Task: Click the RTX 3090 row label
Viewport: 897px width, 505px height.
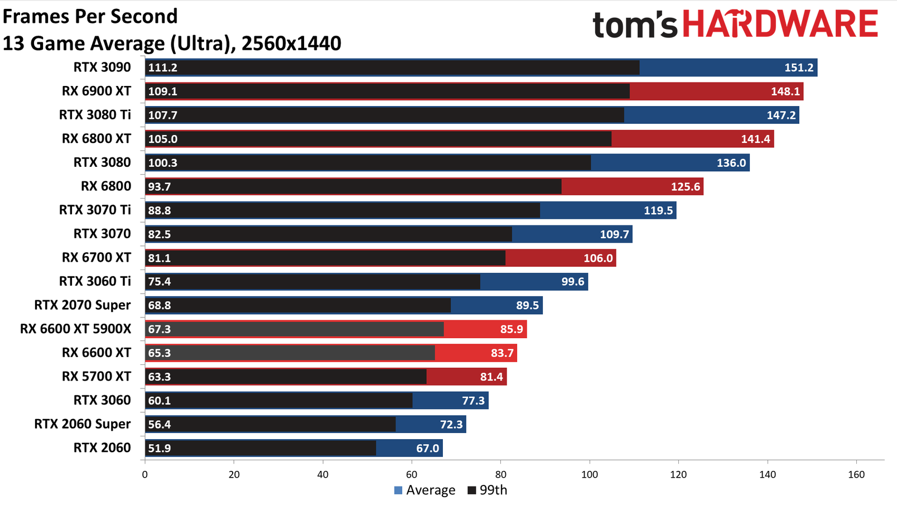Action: (x=102, y=68)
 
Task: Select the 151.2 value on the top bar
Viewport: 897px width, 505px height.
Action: (x=799, y=68)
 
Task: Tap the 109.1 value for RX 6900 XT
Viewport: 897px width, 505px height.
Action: (x=162, y=92)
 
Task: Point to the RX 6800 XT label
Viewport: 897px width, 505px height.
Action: (x=97, y=139)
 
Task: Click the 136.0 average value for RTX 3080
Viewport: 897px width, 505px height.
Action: (x=731, y=163)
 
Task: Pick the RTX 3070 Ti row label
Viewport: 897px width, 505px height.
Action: (x=95, y=210)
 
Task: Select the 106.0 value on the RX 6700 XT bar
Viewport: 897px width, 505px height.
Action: (x=598, y=258)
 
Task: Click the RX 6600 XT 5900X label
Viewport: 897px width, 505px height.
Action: (x=75, y=329)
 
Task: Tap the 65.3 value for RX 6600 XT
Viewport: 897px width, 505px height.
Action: (x=160, y=353)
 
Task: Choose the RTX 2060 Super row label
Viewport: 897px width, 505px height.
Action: (x=83, y=424)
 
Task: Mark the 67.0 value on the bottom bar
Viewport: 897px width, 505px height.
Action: (x=427, y=449)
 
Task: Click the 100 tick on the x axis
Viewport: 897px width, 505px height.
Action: (x=590, y=475)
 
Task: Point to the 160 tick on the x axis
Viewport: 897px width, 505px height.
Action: (x=856, y=475)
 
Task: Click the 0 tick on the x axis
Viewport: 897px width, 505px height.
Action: (x=145, y=475)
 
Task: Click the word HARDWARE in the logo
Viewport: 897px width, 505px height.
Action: (x=780, y=25)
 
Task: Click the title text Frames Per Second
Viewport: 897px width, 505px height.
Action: (x=90, y=16)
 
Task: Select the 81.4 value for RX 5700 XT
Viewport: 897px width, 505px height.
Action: (x=491, y=377)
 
